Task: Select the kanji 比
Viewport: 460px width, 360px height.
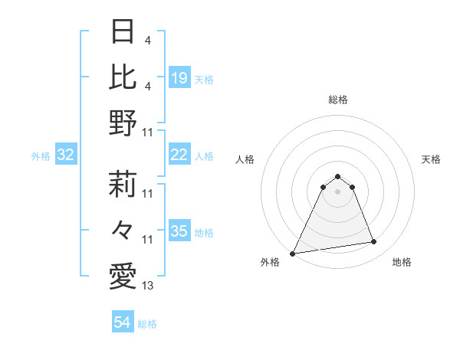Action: pos(123,77)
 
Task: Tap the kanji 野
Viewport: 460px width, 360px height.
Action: pos(123,123)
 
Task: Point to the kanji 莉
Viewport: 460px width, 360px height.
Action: pos(123,183)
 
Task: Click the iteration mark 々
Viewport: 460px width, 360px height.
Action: pos(123,229)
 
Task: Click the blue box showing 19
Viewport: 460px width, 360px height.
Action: pos(179,77)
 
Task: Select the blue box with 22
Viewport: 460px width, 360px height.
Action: pos(179,155)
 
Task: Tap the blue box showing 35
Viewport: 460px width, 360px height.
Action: pos(179,231)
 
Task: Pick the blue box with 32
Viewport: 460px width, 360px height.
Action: pos(66,155)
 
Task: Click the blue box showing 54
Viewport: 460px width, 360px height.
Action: pos(123,322)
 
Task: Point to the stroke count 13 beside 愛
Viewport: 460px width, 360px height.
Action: pos(148,286)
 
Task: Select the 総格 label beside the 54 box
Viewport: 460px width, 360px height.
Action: pos(147,324)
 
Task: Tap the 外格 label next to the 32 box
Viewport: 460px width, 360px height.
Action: pos(41,156)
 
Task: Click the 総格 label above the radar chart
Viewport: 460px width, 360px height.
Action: pos(337,100)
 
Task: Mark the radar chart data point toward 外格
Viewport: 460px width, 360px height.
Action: pos(293,253)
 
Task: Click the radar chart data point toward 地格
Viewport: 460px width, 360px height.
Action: pos(374,242)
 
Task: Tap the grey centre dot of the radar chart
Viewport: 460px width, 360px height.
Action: pos(337,191)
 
